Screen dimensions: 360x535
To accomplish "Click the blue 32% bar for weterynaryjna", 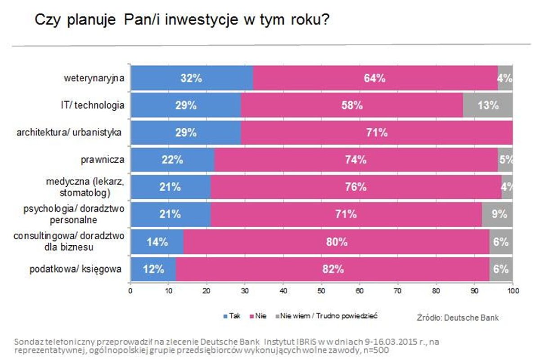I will click(x=192, y=77).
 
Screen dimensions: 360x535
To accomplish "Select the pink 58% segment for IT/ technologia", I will click(x=351, y=105).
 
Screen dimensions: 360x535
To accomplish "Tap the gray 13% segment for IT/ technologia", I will click(x=488, y=105).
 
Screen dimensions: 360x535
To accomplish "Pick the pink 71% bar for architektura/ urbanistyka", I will click(x=377, y=133).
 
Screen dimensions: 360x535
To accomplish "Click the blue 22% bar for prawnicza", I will click(x=172, y=160).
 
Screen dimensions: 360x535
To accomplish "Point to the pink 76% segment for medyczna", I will click(x=356, y=187).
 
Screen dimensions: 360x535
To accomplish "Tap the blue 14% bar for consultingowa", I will click(x=157, y=242).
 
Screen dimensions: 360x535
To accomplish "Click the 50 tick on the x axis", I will click(x=322, y=290).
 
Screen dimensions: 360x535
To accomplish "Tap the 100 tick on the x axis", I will click(x=513, y=290).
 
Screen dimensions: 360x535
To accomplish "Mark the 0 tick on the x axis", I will click(x=130, y=290).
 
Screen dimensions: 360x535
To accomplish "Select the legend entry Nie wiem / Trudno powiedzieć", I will click(x=328, y=316).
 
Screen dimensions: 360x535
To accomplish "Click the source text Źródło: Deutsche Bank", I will click(x=457, y=318).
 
